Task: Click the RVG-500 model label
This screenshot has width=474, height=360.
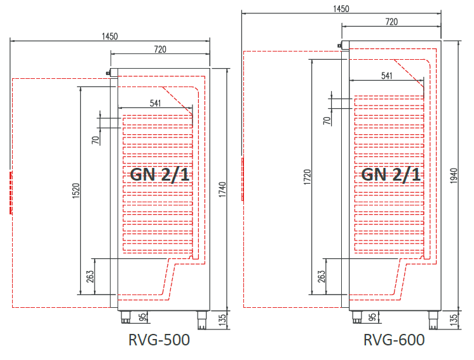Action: (x=159, y=340)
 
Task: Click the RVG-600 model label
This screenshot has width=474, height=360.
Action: (x=394, y=340)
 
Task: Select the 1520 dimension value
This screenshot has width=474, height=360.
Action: (x=75, y=191)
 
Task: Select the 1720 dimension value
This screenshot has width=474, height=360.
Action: (x=308, y=177)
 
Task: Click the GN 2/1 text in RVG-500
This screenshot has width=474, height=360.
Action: (x=159, y=174)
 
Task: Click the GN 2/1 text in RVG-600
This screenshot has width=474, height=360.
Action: (x=390, y=174)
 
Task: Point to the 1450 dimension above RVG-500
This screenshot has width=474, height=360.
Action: (x=110, y=36)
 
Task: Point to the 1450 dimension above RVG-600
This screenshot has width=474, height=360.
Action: (x=341, y=8)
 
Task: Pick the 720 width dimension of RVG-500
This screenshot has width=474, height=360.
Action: (x=160, y=49)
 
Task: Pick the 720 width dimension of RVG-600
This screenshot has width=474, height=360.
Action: (x=391, y=22)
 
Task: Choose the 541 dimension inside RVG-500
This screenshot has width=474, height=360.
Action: (x=155, y=102)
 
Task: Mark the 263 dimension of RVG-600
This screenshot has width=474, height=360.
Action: (x=322, y=277)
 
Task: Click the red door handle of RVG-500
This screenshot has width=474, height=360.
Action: (x=11, y=193)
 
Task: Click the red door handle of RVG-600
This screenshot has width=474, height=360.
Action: (x=243, y=179)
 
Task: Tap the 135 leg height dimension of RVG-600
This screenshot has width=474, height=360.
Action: (x=453, y=318)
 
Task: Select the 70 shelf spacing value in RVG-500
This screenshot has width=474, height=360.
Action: (x=95, y=139)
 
